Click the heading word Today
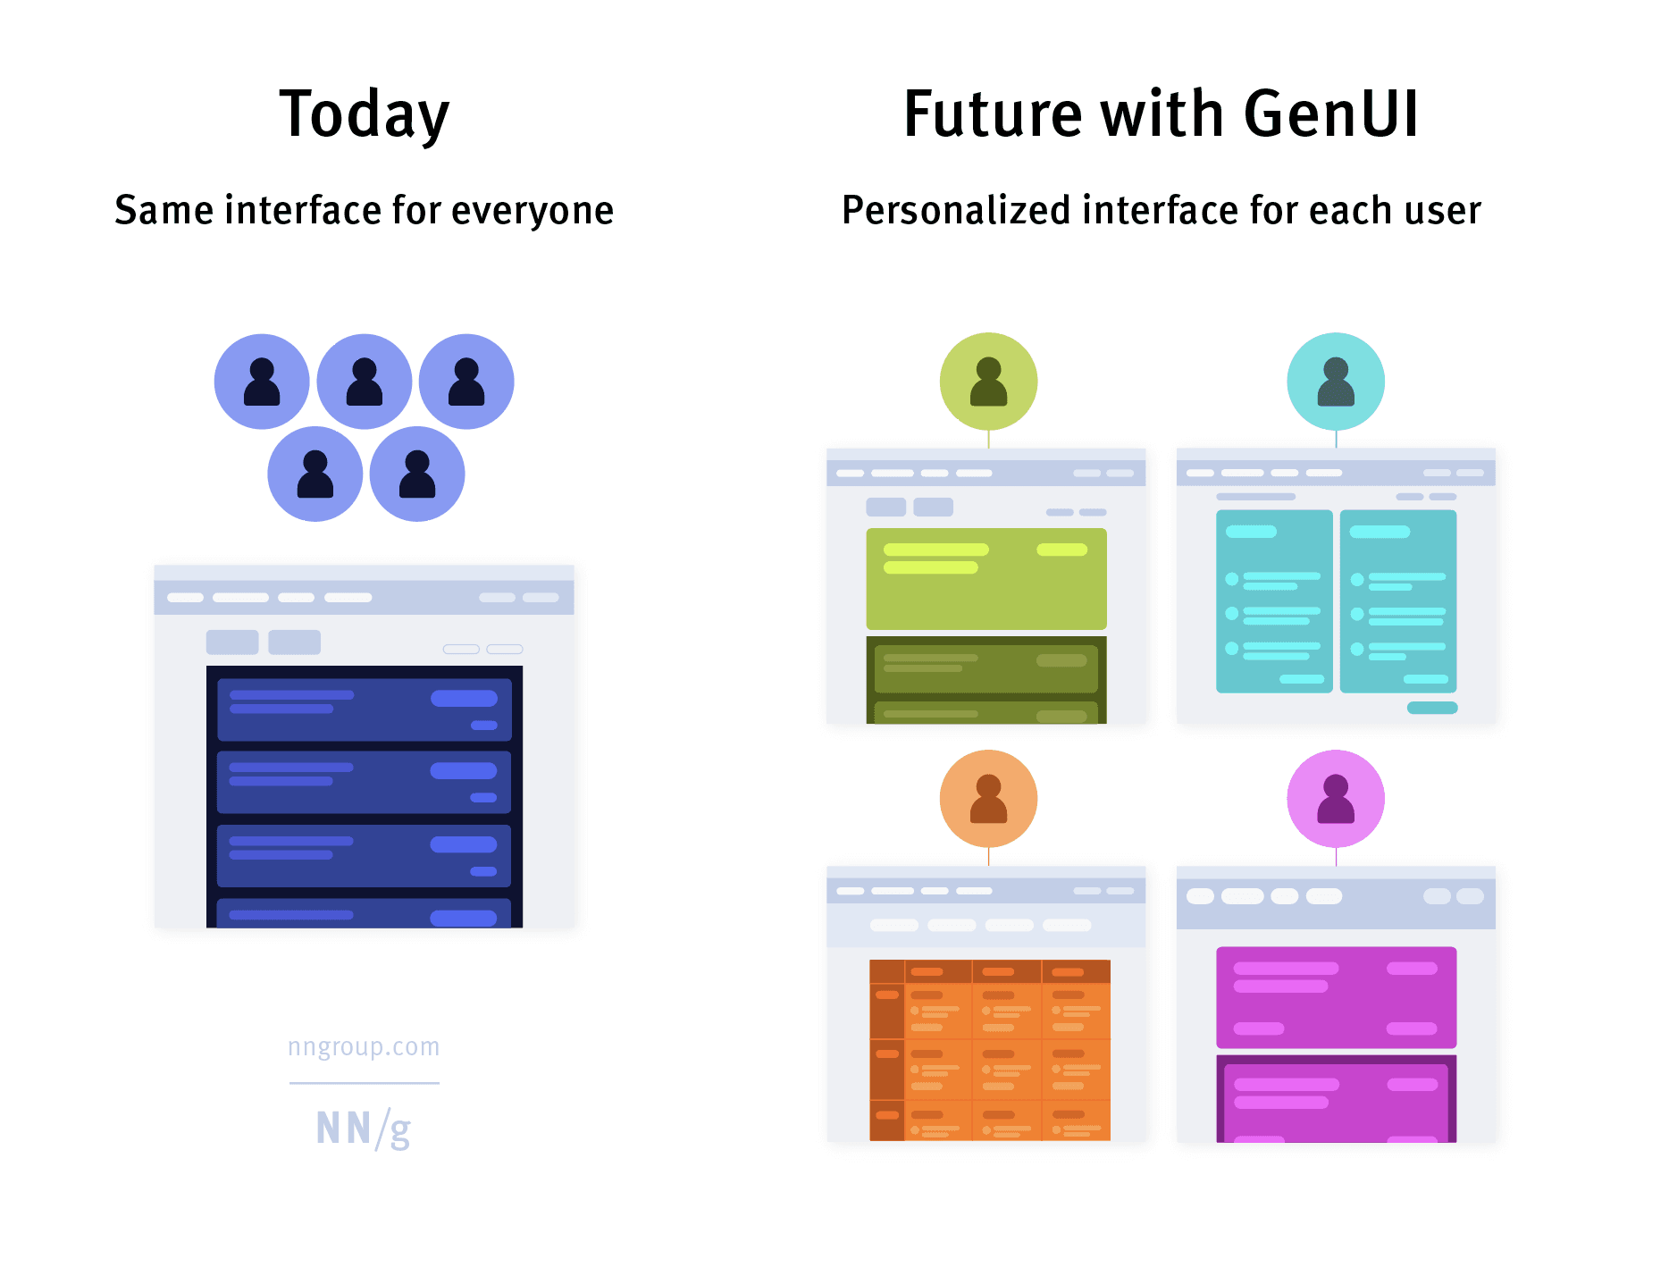pyautogui.click(x=365, y=114)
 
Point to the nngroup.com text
pyautogui.click(x=364, y=1046)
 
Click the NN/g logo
pyautogui.click(x=364, y=1129)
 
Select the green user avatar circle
pyautogui.click(x=988, y=382)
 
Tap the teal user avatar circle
pyautogui.click(x=1336, y=382)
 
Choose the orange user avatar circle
pyautogui.click(x=988, y=798)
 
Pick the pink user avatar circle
pyautogui.click(x=1336, y=798)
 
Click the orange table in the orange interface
pyautogui.click(x=990, y=1050)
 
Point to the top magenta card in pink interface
pyautogui.click(x=1336, y=998)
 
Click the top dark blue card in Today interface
pyautogui.click(x=364, y=710)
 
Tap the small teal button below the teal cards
pyautogui.click(x=1432, y=708)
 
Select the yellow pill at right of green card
pyautogui.click(x=1061, y=550)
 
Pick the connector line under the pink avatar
pyautogui.click(x=1336, y=857)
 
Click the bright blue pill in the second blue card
pyautogui.click(x=463, y=770)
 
